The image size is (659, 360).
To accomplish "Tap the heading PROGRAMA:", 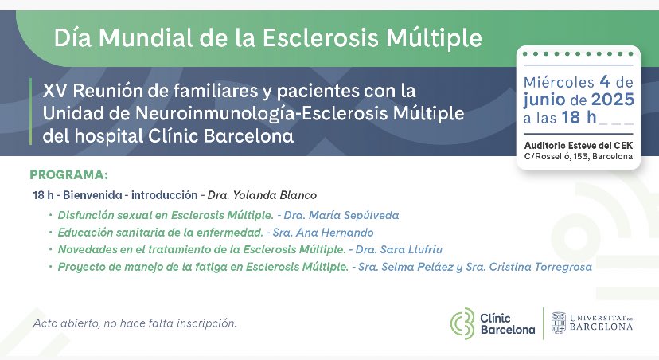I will point(68,175).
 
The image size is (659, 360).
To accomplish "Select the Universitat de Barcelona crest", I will point(559,323).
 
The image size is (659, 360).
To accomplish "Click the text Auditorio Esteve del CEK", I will point(579,144).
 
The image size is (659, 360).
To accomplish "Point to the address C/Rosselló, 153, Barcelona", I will point(579,157).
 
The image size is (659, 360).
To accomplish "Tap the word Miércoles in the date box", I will point(560,82).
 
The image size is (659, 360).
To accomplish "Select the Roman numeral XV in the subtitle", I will point(53,91).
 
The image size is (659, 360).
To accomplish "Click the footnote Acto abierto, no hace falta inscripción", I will point(135,323).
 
